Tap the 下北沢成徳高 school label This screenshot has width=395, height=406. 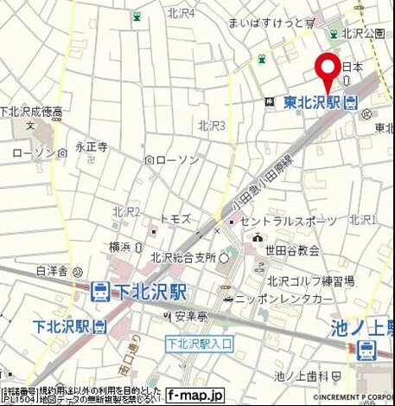point(31,112)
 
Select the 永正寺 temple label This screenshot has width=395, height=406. point(91,148)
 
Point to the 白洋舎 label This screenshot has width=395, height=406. point(52,271)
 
